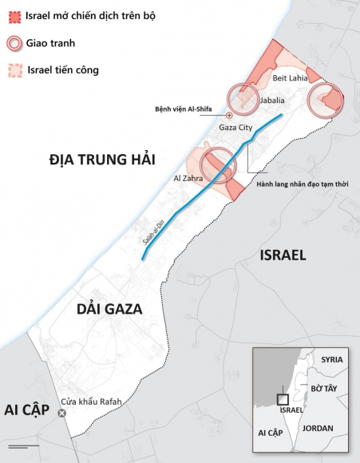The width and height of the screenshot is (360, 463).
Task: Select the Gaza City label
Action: click(235, 128)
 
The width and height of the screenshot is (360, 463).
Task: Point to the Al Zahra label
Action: click(184, 179)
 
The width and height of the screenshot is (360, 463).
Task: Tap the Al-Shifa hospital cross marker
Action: click(230, 116)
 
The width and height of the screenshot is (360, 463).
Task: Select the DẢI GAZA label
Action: click(109, 309)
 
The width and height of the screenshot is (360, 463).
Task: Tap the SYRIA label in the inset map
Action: click(331, 359)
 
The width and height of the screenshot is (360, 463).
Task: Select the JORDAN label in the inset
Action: click(318, 428)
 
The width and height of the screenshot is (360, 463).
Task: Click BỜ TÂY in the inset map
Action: click(326, 387)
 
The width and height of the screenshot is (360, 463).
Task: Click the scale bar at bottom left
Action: click(23, 444)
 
